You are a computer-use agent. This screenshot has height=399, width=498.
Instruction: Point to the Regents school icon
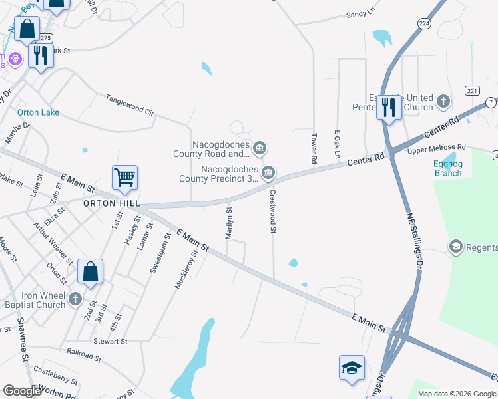pos(456,247)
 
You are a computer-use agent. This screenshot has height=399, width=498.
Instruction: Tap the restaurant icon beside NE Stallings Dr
pos(389,107)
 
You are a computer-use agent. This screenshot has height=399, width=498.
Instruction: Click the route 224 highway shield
pos(424,23)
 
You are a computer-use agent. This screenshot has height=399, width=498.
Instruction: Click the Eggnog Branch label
pos(447,168)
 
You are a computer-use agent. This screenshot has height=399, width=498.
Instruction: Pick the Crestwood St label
pos(272,211)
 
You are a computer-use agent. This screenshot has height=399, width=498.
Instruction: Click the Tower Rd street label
pos(313,149)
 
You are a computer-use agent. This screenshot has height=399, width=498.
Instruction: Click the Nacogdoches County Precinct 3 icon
pos(268,173)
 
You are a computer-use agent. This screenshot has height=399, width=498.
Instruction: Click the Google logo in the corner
pos(22,391)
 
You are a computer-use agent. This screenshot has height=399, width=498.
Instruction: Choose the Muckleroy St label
pos(186,269)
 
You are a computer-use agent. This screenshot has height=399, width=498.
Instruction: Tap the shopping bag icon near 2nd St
pos(90,272)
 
